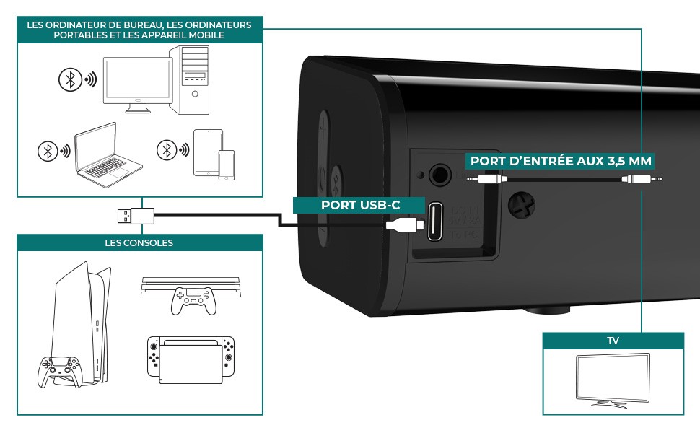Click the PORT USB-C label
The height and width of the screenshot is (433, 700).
[x=360, y=205]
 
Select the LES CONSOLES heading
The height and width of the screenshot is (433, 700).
[x=139, y=243]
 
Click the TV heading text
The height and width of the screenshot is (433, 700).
[x=612, y=339]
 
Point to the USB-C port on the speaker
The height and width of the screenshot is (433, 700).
[x=435, y=222]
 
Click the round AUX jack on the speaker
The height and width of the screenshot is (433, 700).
[x=438, y=174]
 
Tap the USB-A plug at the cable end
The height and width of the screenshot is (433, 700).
[x=134, y=214]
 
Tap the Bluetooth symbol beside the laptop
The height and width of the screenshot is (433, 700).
[x=48, y=151]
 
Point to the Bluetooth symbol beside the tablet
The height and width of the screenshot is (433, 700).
[x=168, y=150]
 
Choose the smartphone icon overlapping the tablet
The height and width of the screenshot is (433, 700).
[x=227, y=165]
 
